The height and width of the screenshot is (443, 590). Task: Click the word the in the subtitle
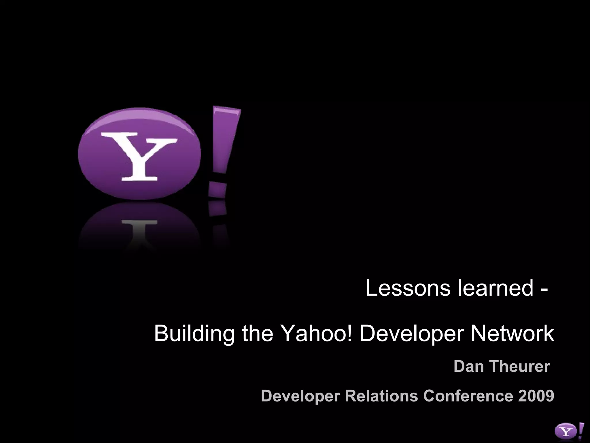tap(258, 333)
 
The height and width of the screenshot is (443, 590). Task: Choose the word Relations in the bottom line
tap(381, 396)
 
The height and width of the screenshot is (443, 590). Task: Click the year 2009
tap(536, 396)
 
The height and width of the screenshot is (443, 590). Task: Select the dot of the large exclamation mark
tap(217, 190)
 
